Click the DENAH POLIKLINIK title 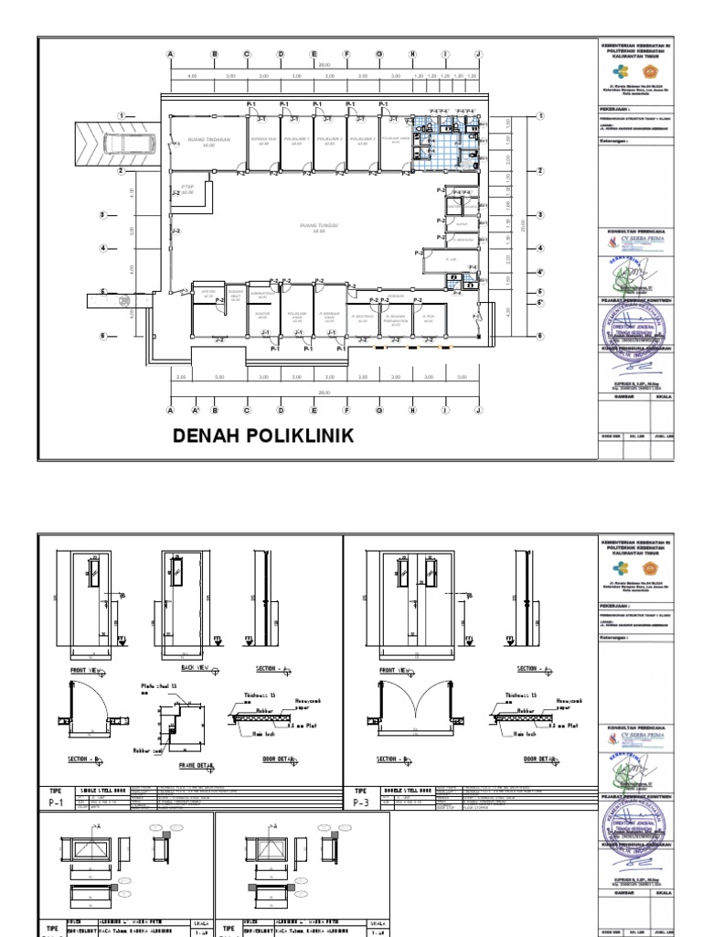tap(263, 435)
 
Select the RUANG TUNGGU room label tap(319, 226)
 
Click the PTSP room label tap(187, 188)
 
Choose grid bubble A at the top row tap(170, 54)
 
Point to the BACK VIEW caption tap(194, 670)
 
